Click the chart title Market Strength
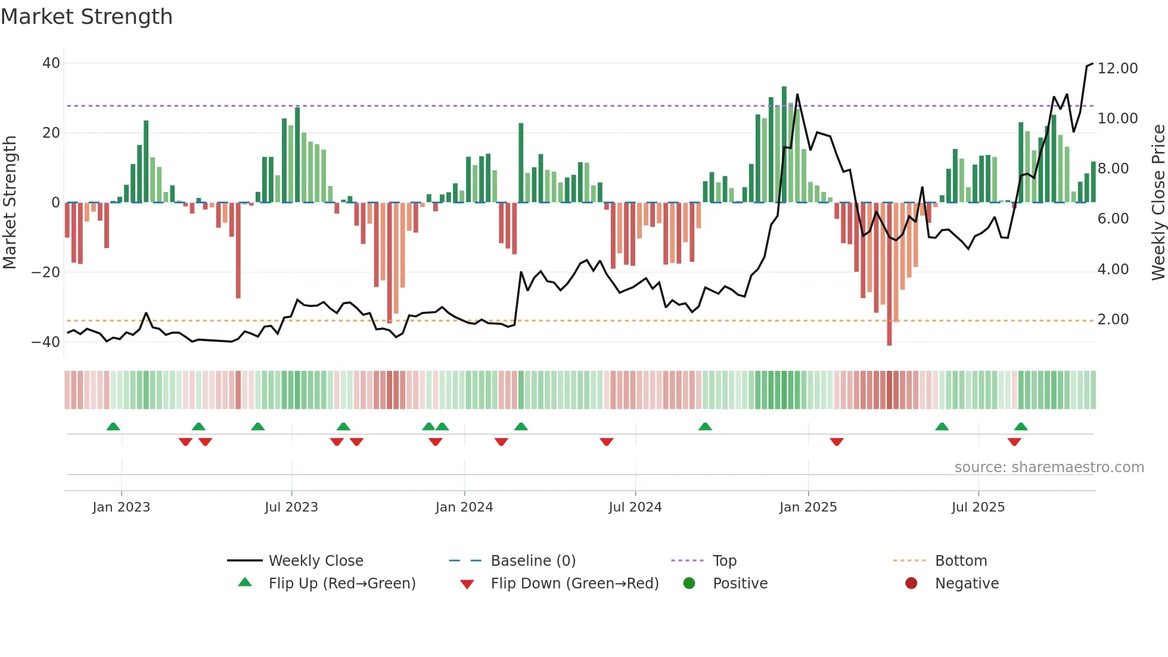point(86,17)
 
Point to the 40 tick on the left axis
point(51,63)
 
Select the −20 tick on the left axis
point(46,272)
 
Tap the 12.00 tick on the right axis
point(1117,69)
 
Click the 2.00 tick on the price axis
point(1113,320)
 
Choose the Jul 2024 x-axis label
point(635,507)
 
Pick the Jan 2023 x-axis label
point(121,507)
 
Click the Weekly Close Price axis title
point(1158,202)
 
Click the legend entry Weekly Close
point(315,561)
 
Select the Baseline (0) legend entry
point(533,561)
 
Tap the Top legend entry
point(724,561)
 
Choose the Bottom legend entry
point(961,561)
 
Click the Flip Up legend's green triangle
point(245,582)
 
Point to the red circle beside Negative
point(911,583)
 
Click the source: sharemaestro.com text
point(1049,467)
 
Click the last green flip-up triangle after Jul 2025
point(1021,426)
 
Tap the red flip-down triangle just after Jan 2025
point(837,442)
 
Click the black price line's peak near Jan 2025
point(797,94)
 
